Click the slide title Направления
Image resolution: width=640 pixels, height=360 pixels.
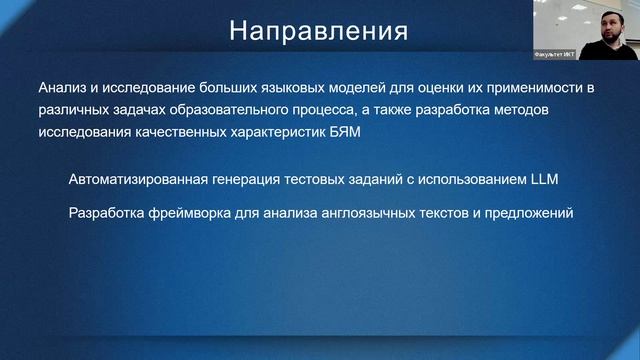pyautogui.click(x=318, y=30)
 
